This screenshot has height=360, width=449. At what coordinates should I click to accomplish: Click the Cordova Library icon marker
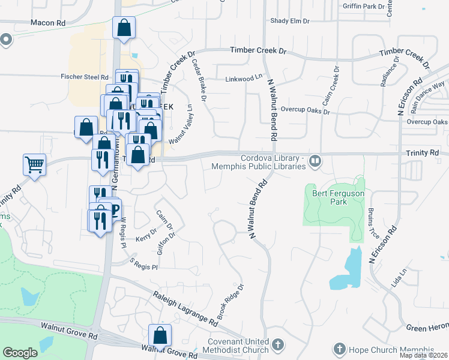[x=315, y=161]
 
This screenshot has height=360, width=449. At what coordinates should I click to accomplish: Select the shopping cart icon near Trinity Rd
[x=34, y=164]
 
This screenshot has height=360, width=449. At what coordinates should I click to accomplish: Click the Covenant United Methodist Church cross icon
[x=277, y=345]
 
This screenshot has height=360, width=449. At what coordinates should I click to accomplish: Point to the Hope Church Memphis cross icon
[x=339, y=349]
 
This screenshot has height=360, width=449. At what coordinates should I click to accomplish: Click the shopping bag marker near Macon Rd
[x=124, y=28]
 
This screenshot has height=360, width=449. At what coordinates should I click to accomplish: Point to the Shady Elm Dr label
[x=289, y=20]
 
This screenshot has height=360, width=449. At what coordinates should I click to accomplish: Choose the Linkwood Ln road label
[x=244, y=78]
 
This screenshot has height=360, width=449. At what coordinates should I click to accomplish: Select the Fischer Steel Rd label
[x=84, y=77]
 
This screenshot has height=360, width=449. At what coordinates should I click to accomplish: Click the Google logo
[x=20, y=353]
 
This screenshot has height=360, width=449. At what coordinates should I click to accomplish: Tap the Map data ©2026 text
[x=424, y=356]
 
